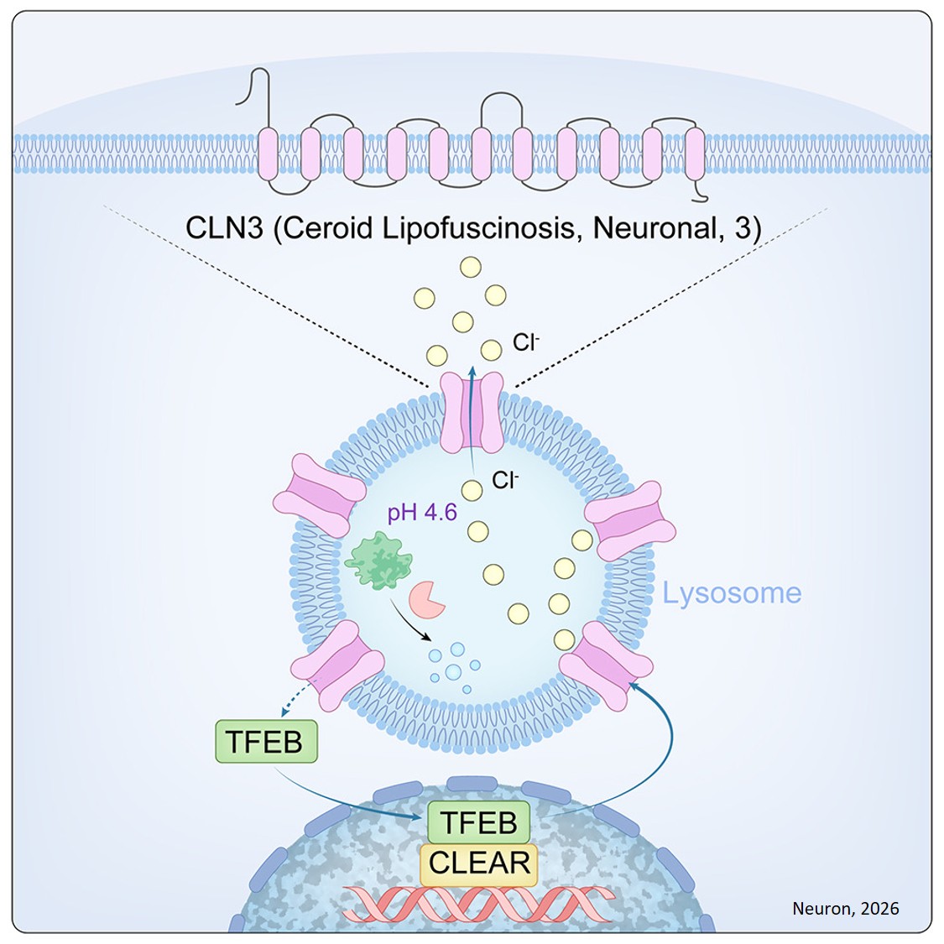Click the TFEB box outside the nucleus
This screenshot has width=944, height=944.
(266, 741)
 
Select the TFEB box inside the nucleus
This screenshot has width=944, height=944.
(479, 822)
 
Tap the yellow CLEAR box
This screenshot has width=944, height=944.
(479, 863)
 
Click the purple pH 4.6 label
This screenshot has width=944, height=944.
(422, 512)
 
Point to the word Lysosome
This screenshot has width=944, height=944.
(732, 593)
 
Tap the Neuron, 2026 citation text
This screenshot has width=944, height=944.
(845, 908)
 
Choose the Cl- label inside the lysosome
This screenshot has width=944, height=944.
(505, 481)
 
